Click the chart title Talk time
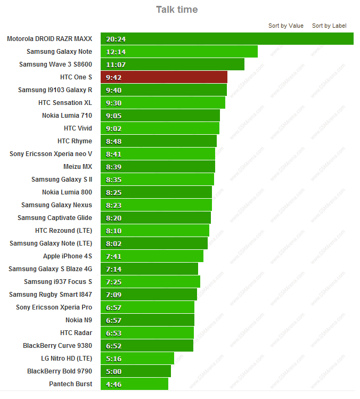pos(176,10)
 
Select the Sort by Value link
pos(285,26)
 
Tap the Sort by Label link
pos(329,26)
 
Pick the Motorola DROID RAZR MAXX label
pos(50,39)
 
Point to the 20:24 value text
pos(116,39)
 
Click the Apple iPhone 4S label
pos(68,256)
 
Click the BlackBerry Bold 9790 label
pos(60,371)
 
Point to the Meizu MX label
pos(78,167)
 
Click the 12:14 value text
pos(116,52)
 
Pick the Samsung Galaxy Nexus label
pos(56,205)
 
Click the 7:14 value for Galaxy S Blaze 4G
pos(114,269)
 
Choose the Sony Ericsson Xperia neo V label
pos(51,154)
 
